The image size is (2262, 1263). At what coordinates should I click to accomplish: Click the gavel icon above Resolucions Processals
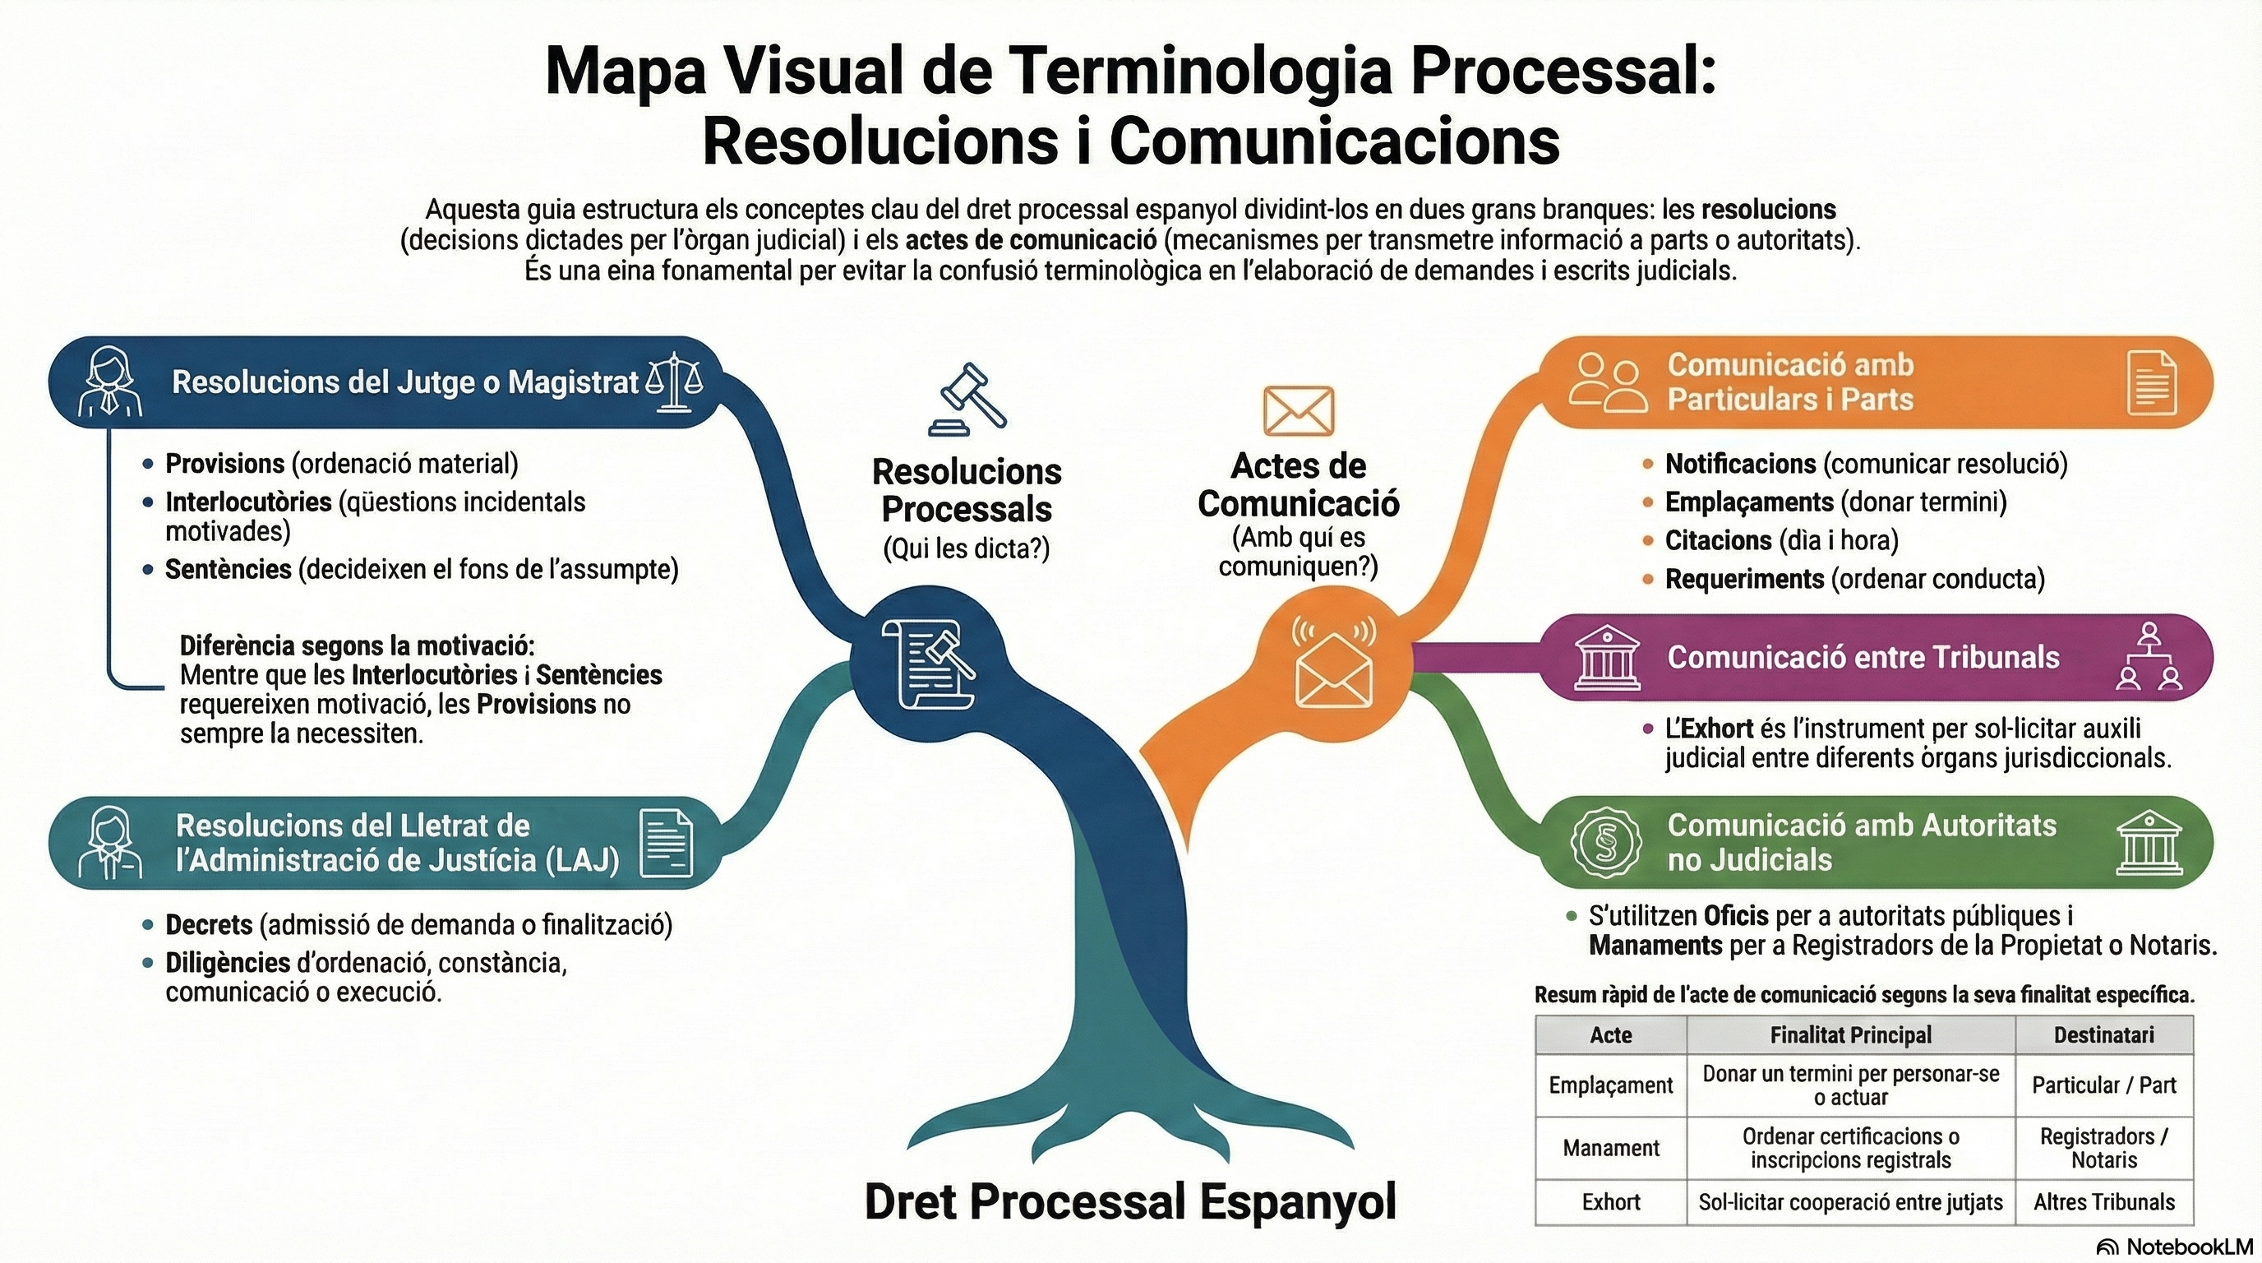[x=967, y=400]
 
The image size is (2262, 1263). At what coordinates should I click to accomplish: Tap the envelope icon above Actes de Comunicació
[x=1298, y=410]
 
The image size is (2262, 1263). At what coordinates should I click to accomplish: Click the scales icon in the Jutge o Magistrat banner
[x=673, y=382]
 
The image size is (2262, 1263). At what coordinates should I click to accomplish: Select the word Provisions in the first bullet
[x=224, y=463]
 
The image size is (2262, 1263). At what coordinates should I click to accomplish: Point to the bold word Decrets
[x=209, y=924]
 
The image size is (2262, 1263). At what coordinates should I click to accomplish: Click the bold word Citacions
[x=1718, y=540]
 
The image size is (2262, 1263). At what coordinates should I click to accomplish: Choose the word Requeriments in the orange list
[x=1744, y=579]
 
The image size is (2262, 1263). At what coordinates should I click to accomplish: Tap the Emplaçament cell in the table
[x=1610, y=1085]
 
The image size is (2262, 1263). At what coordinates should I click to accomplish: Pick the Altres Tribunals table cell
[x=2104, y=1201]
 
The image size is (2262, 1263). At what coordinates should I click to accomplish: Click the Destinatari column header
[x=2104, y=1034]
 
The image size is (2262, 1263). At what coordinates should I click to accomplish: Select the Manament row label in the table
[x=1610, y=1148]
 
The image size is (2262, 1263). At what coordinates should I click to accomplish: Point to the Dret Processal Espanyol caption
[x=1130, y=1201]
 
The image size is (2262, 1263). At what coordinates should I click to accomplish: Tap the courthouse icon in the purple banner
[x=1606, y=657]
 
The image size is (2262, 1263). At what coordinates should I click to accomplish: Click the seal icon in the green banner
[x=1606, y=842]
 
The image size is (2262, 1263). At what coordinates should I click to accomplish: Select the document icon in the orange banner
[x=2152, y=382]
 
